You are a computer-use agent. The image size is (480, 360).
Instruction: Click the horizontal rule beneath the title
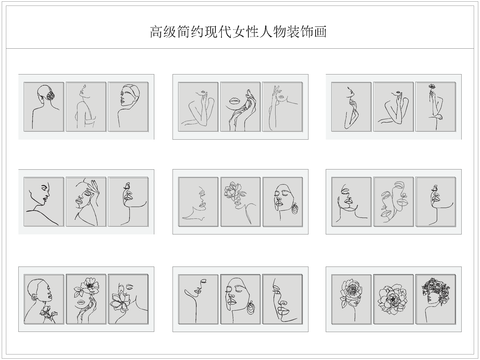click(x=240, y=48)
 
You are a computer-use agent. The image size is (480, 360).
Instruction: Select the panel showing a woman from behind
click(x=44, y=106)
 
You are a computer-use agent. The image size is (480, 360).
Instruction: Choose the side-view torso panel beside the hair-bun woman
click(x=86, y=106)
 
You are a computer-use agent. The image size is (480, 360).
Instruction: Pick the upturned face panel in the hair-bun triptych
click(x=128, y=106)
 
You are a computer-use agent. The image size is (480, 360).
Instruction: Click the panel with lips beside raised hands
click(x=240, y=106)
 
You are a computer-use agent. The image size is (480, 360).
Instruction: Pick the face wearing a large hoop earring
click(x=282, y=297)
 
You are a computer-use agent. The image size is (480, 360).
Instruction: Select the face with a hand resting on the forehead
click(x=86, y=201)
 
